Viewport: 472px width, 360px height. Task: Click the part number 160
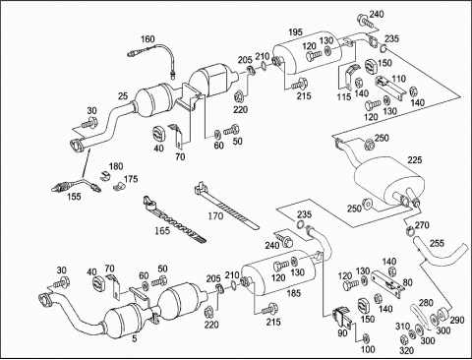tap(147, 39)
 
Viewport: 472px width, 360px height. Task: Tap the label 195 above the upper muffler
tap(295, 32)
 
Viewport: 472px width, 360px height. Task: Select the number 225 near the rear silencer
tap(415, 160)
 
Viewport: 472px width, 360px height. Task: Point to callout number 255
tap(437, 243)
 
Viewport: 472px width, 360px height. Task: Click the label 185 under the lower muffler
tap(293, 293)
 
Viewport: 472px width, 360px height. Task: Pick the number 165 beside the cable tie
tap(162, 230)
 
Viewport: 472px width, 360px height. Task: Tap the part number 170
tap(215, 216)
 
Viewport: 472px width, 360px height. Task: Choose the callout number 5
tap(134, 338)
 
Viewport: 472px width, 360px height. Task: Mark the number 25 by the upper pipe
tap(123, 96)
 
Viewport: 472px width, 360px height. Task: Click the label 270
tap(422, 225)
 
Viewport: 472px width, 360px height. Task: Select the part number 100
tap(368, 349)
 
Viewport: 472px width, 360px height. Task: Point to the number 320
tap(406, 351)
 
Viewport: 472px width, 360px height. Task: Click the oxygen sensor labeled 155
tap(77, 185)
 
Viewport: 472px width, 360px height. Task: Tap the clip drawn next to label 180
tap(104, 175)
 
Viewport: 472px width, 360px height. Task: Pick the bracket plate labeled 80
tap(387, 283)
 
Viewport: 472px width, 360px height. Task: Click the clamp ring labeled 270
tap(410, 230)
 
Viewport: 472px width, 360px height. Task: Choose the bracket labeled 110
tap(390, 87)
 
